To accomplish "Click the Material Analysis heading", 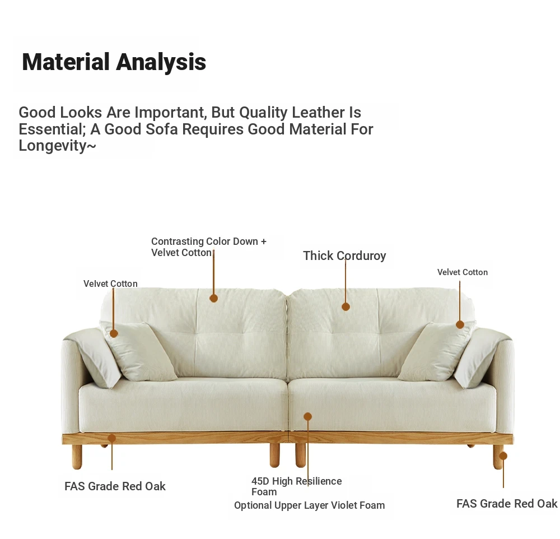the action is tap(114, 62).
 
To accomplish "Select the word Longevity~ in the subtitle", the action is tap(58, 146).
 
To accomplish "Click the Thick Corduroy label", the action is tap(344, 256).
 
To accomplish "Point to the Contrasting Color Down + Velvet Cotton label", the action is tap(208, 247).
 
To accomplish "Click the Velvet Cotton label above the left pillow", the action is tap(110, 284).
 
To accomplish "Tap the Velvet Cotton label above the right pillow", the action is tap(462, 272).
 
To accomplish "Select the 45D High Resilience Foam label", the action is tap(296, 486).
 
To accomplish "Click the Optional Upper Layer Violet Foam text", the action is tap(309, 505).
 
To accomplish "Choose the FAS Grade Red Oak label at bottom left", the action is tap(115, 486).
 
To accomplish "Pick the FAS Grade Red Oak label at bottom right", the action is tap(507, 504).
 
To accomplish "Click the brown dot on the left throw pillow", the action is tap(114, 333).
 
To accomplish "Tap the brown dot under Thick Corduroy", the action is tap(346, 306).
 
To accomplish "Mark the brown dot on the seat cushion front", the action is tap(308, 416).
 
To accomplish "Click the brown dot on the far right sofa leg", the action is tap(503, 456).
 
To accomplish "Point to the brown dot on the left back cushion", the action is tap(213, 298).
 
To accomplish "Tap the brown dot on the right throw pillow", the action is tap(460, 324).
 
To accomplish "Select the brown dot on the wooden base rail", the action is tap(112, 438).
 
